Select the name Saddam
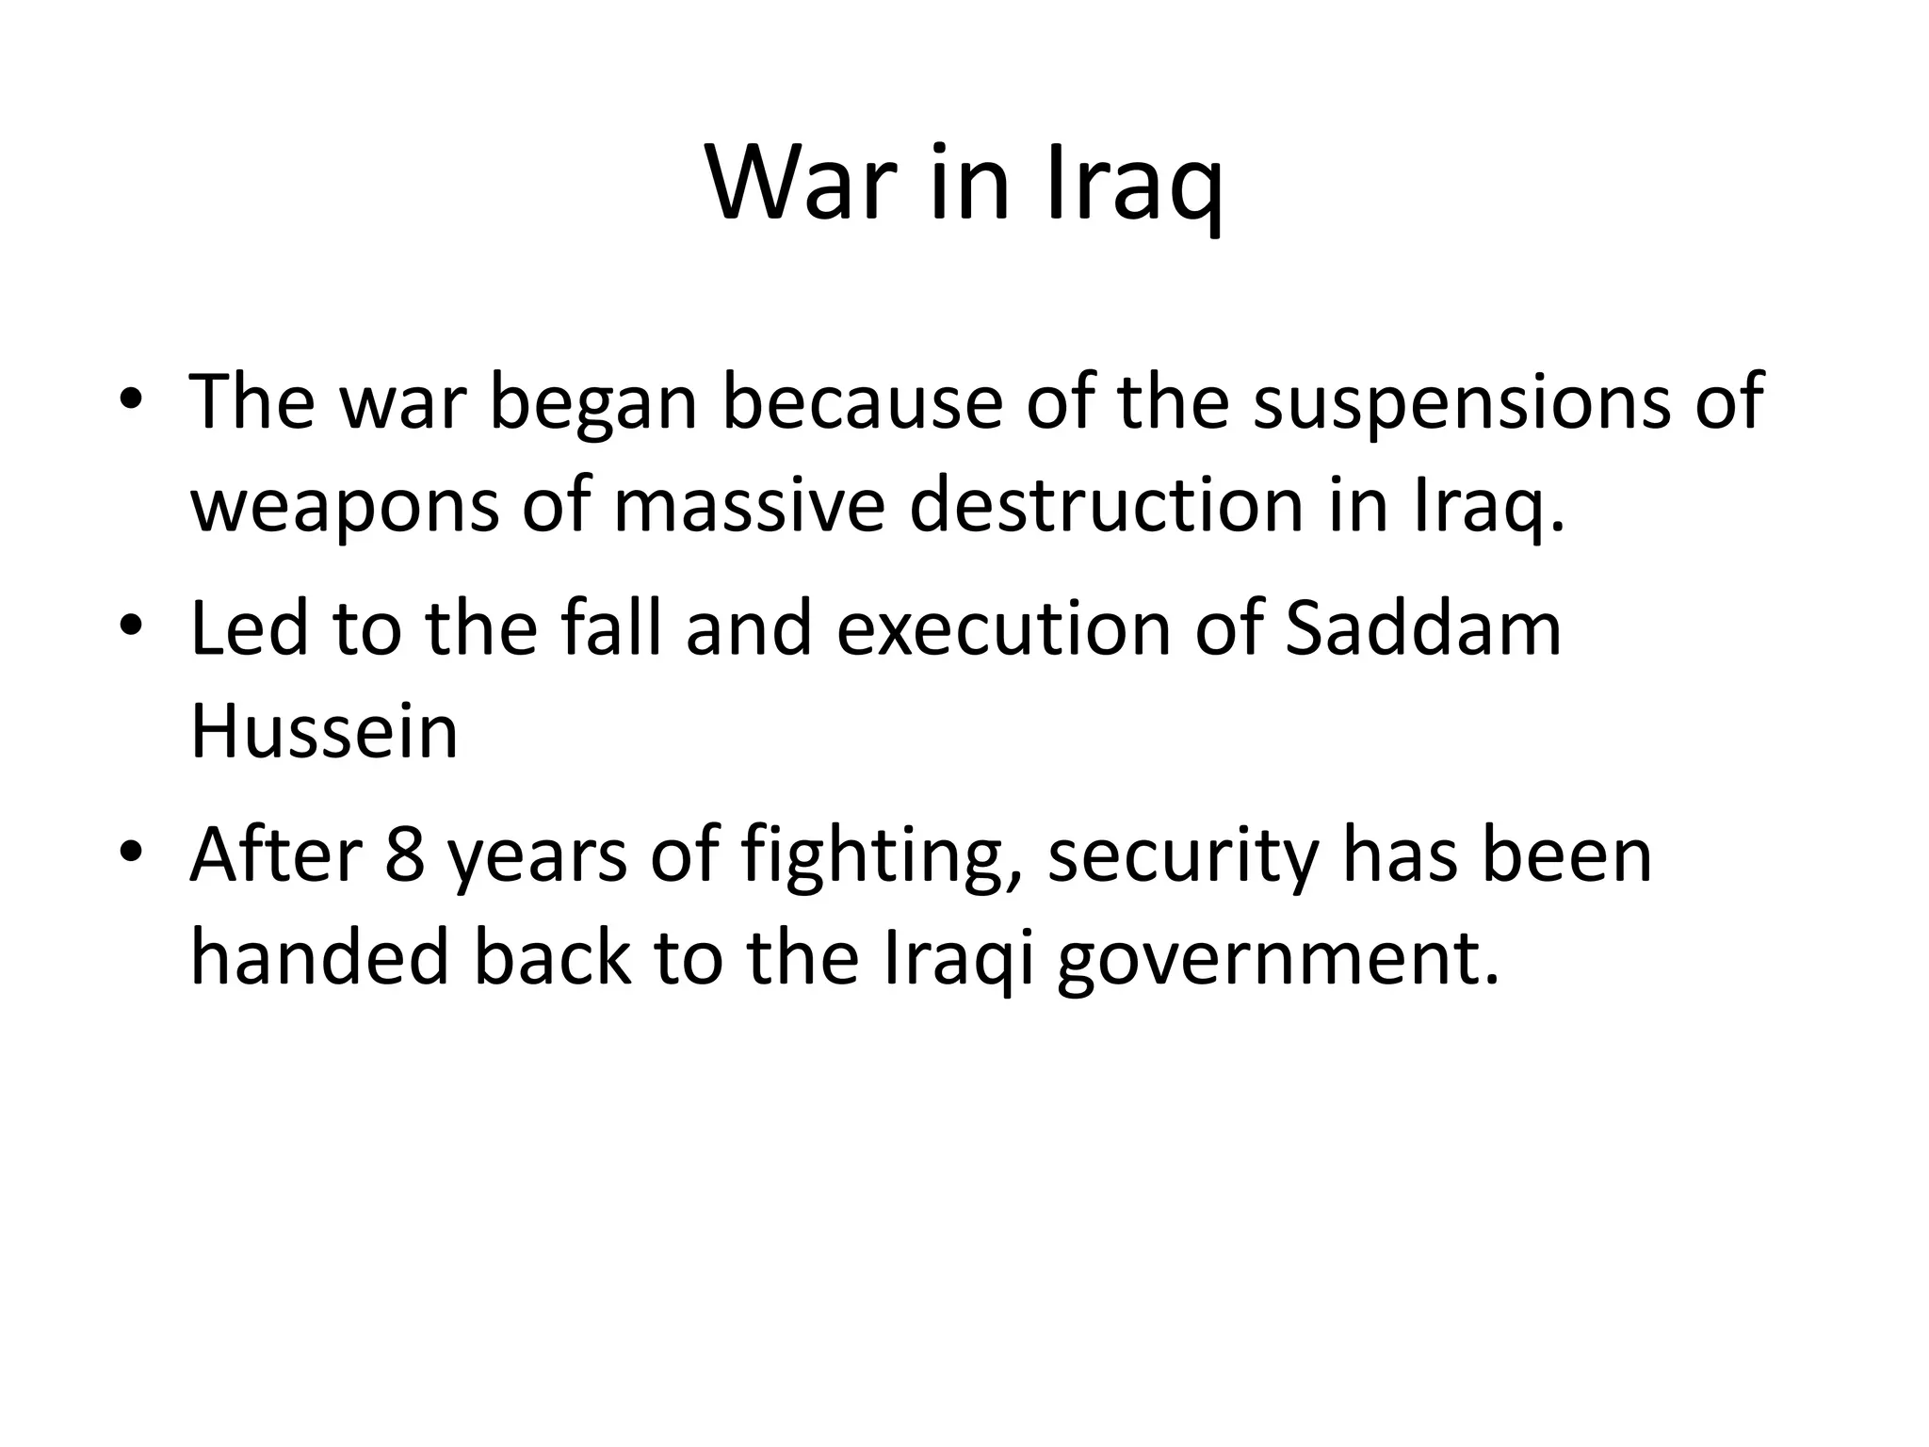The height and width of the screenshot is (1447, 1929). [1423, 629]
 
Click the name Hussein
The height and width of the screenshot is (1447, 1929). [324, 732]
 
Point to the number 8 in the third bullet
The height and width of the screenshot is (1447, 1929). [405, 855]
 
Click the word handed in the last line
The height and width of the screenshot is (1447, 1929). [318, 958]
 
